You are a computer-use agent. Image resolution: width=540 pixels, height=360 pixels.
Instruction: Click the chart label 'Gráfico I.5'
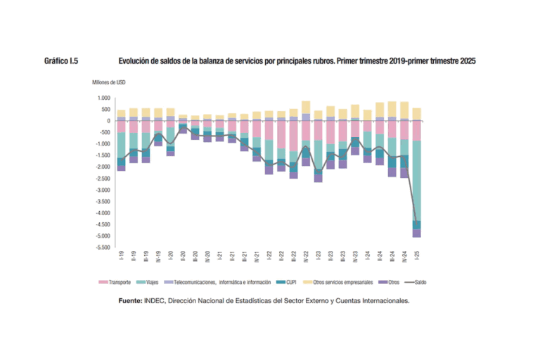pos(60,61)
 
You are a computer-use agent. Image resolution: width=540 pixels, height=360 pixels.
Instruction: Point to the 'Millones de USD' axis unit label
pos(109,82)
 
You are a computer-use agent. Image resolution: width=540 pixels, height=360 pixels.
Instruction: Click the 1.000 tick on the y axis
pos(104,98)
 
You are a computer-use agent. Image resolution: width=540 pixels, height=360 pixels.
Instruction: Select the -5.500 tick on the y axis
pos(103,247)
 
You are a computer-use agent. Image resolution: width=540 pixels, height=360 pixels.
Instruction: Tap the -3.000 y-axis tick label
pos(103,190)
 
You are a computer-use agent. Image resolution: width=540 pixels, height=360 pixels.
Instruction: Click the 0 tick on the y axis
pos(108,121)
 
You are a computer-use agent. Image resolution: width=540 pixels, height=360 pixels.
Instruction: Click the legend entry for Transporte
pos(116,283)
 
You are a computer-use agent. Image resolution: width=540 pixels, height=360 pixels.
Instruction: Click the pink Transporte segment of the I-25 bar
pos(416,131)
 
